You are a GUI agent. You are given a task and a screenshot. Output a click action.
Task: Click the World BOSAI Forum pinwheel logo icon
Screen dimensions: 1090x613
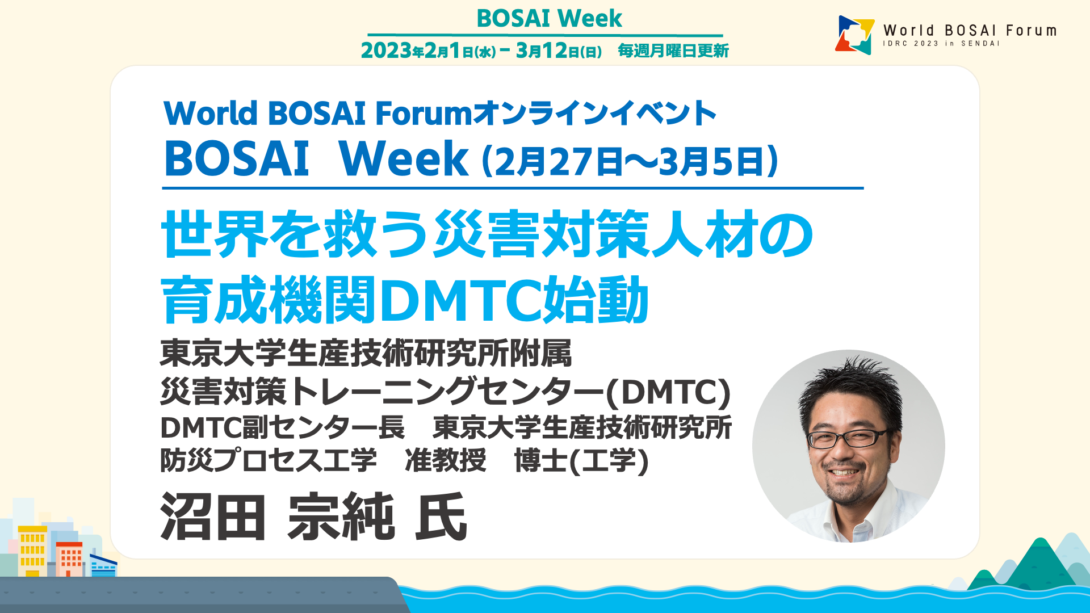click(x=854, y=35)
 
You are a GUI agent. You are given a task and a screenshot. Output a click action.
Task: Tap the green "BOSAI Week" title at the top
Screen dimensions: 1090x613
click(x=549, y=18)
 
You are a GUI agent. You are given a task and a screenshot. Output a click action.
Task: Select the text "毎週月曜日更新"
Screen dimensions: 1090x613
click(x=673, y=51)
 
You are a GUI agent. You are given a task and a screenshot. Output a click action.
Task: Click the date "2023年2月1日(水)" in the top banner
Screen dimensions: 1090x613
click(x=428, y=51)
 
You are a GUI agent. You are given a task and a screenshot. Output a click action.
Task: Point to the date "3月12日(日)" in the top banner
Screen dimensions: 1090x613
click(x=559, y=51)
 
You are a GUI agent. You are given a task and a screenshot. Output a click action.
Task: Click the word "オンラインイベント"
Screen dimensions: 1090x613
click(x=594, y=113)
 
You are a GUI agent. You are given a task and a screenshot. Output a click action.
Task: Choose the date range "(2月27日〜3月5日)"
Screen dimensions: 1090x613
click(x=630, y=161)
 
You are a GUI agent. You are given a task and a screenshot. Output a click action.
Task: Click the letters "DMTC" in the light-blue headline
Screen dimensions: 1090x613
click(x=461, y=300)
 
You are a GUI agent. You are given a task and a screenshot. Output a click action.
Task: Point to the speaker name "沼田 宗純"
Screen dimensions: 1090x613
click(x=277, y=517)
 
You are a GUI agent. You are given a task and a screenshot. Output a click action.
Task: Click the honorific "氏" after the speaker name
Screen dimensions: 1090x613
click(x=441, y=517)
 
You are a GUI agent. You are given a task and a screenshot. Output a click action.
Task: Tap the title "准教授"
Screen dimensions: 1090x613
click(x=446, y=460)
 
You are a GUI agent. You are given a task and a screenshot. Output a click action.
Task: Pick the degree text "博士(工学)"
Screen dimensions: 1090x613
click(x=581, y=460)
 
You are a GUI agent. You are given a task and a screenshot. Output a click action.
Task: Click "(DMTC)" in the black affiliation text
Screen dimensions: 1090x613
click(x=668, y=392)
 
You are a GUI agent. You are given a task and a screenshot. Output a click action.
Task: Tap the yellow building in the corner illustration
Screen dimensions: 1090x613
click(x=32, y=551)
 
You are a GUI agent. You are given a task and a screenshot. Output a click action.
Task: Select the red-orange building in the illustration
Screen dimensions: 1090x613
click(x=70, y=559)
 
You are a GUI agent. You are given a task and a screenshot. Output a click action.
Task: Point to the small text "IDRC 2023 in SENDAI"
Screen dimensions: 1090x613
click(x=941, y=44)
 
